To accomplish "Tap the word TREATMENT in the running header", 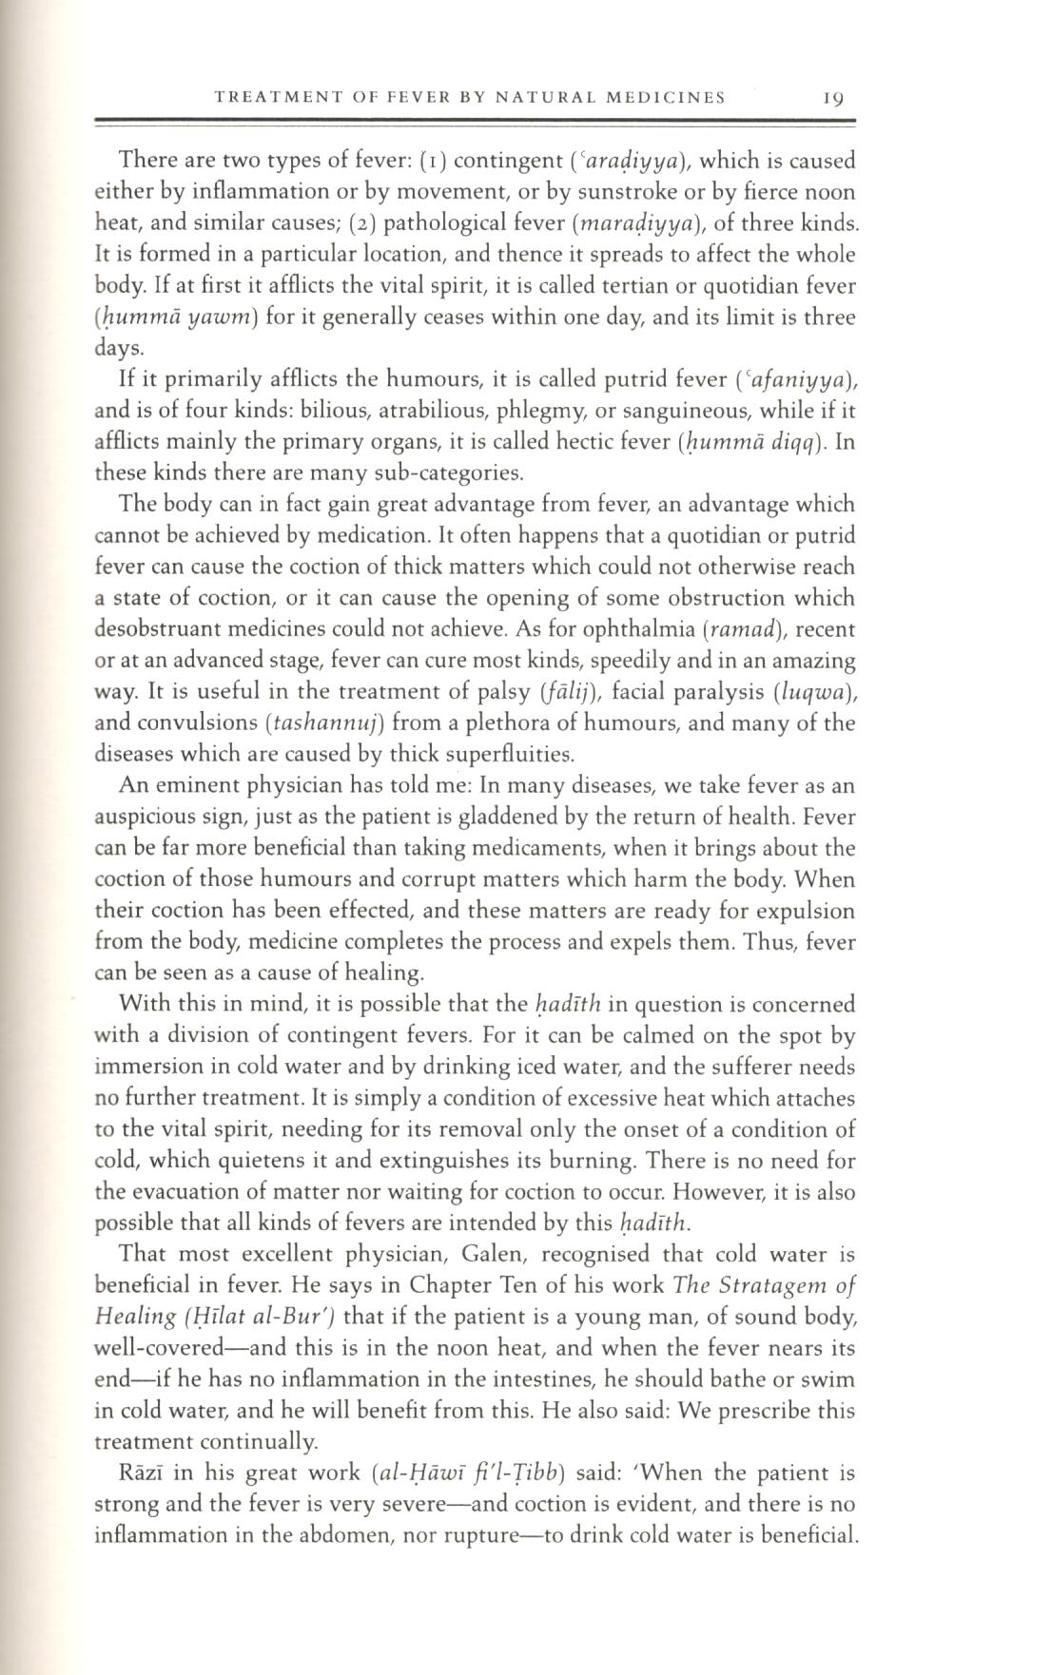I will pos(267,97).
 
